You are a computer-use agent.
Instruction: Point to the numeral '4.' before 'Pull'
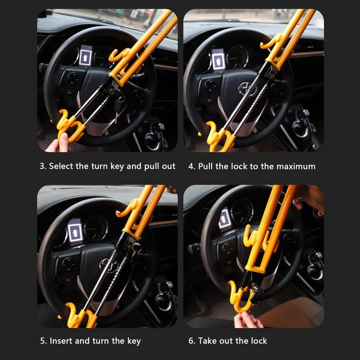tap(192, 166)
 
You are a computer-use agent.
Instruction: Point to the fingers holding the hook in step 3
tap(59, 144)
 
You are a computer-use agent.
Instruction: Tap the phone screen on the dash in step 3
tap(85, 56)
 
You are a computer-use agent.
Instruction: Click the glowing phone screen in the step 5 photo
tap(75, 231)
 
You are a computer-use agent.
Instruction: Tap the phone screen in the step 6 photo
tap(225, 218)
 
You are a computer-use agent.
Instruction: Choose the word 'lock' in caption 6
tap(259, 341)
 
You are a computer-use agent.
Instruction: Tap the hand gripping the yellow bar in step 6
tap(310, 199)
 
